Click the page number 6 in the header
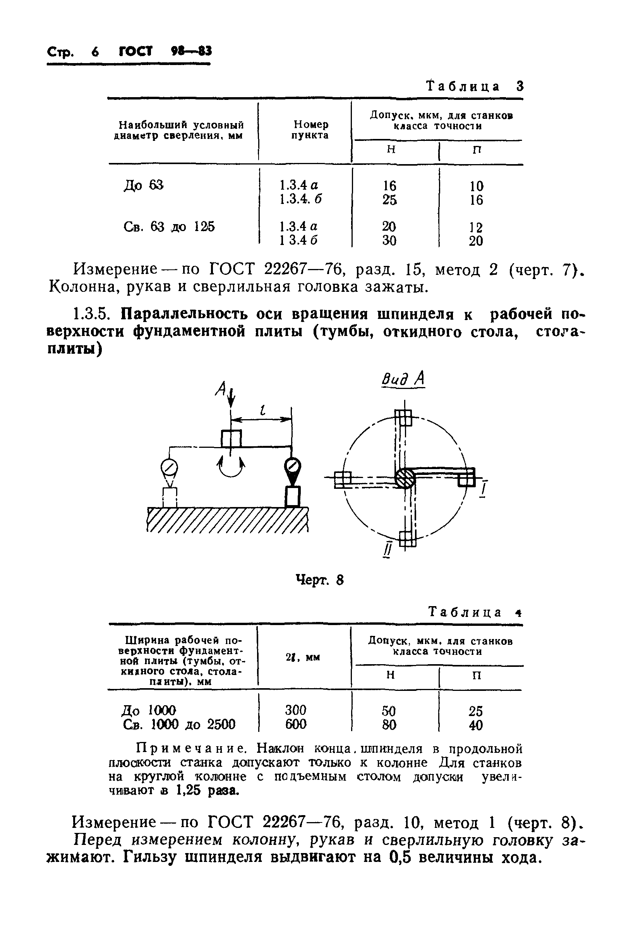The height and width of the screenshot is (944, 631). coord(95,52)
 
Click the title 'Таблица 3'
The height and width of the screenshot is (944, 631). coord(475,87)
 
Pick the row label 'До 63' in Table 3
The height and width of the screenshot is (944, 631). coord(144,185)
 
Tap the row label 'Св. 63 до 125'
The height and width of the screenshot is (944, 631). coord(169,227)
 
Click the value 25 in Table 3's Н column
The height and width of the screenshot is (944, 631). coord(389,200)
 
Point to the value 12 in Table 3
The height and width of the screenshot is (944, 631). coord(476,228)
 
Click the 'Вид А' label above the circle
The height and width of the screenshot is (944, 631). coord(403,379)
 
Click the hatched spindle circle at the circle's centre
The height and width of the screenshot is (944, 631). coord(405,478)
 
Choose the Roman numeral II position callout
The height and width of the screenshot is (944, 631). coord(387,550)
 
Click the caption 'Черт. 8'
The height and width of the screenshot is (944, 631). coord(319,580)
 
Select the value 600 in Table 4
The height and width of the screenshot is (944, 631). coord(296,725)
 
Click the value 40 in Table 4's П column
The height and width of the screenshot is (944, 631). coord(476,725)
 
